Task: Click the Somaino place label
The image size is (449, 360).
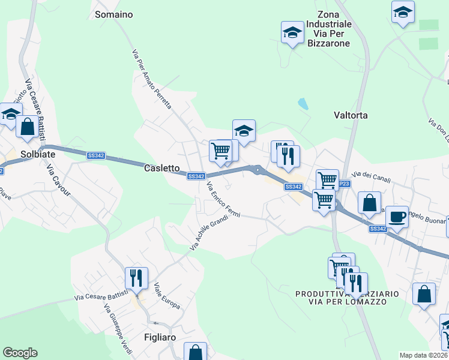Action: tap(114, 14)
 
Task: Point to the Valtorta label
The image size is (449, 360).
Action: tap(350, 115)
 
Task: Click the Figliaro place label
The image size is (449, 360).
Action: tap(160, 337)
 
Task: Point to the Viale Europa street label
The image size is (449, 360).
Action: tap(167, 295)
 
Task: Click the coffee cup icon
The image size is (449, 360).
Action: tap(396, 217)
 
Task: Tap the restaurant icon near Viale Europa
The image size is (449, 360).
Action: tap(136, 278)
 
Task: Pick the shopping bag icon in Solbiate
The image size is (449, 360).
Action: tap(27, 127)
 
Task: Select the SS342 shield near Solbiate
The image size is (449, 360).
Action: tap(95, 155)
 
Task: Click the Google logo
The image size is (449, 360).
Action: tap(20, 353)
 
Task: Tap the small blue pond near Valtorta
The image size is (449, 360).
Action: tap(303, 104)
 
